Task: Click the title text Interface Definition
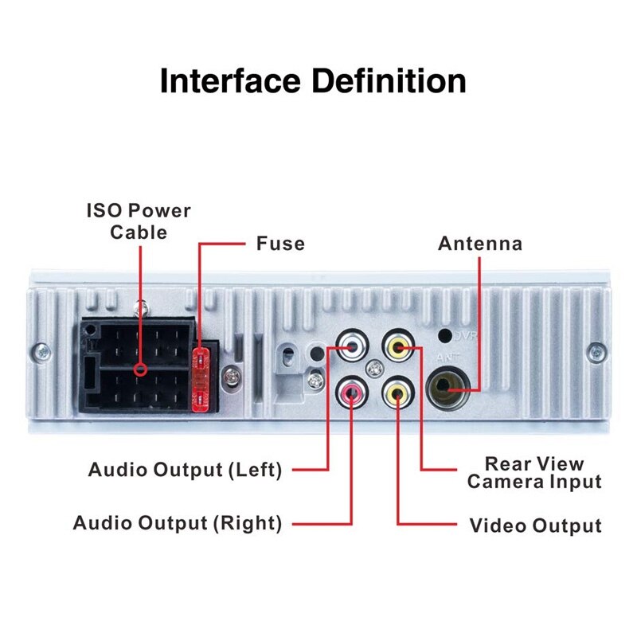313,82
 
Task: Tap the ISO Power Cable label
139,221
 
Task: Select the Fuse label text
280,243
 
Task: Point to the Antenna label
480,243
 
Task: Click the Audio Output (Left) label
185,470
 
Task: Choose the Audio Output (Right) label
177,523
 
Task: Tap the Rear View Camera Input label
534,473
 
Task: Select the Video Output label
535,526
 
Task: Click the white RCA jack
350,346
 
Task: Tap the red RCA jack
351,391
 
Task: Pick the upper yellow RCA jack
397,346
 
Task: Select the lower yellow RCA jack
397,391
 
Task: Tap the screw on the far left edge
41,350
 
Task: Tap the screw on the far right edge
595,350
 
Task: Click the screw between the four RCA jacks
373,369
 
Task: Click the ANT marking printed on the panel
446,358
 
